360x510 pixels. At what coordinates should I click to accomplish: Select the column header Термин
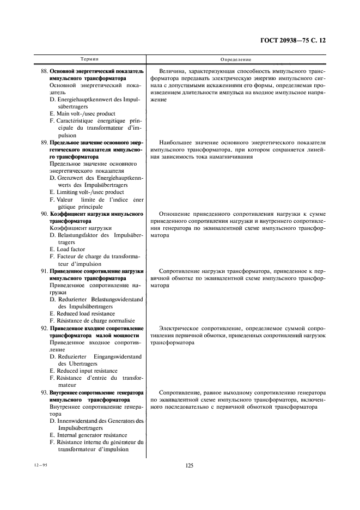pyautogui.click(x=90, y=58)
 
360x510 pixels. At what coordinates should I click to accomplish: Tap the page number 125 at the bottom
pyautogui.click(x=190, y=465)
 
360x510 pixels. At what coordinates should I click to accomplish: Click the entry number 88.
pyautogui.click(x=44, y=72)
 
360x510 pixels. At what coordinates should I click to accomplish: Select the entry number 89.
pyautogui.click(x=44, y=142)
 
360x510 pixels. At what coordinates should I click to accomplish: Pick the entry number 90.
pyautogui.click(x=44, y=214)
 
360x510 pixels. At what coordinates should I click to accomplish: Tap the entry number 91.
pyautogui.click(x=44, y=271)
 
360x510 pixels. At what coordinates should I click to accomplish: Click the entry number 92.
pyautogui.click(x=44, y=329)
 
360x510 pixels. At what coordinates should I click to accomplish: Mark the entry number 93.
pyautogui.click(x=44, y=393)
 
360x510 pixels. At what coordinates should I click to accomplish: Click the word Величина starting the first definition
pyautogui.click(x=173, y=72)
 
